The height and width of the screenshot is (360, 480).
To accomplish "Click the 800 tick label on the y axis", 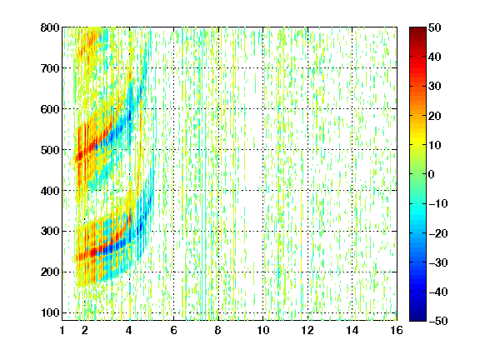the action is tap(50, 27).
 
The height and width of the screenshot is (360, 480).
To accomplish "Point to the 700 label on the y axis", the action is tap(50, 68).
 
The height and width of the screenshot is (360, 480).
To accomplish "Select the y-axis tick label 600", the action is tap(50, 109).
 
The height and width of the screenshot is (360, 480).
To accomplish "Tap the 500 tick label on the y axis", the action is tap(50, 150).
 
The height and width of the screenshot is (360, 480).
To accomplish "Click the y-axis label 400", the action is tap(50, 191).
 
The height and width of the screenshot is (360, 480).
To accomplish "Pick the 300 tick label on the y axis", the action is tap(50, 232).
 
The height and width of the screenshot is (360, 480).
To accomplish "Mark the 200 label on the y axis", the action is tap(50, 272).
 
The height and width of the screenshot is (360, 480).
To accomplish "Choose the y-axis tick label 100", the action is tap(50, 312).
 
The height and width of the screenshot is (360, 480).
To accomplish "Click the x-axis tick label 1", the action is tap(62, 330).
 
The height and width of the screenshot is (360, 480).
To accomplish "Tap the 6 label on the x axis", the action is tap(173, 330).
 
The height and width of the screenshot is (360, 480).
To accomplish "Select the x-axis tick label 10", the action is tap(262, 330).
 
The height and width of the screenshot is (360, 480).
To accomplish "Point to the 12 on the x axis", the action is tap(307, 330).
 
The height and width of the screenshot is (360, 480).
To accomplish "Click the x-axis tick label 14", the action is tap(352, 330).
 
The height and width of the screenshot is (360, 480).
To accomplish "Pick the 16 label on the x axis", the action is tap(397, 330).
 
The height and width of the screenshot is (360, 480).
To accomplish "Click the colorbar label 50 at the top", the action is tap(434, 27).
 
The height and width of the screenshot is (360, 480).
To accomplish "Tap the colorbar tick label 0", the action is tap(432, 174).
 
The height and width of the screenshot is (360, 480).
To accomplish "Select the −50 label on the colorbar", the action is tap(438, 321).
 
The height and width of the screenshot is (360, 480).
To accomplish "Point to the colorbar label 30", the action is tap(434, 86).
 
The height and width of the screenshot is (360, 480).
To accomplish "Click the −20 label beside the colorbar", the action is tap(438, 233).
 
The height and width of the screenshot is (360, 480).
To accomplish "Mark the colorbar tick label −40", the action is tap(438, 292).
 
